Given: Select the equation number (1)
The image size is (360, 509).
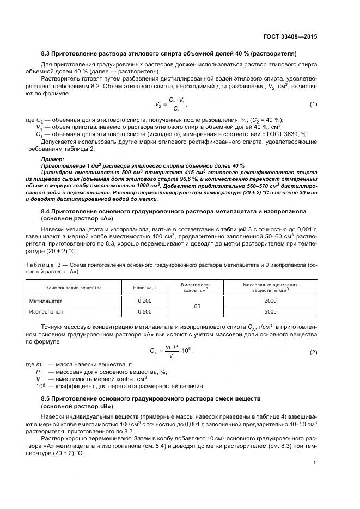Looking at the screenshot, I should tap(313, 104).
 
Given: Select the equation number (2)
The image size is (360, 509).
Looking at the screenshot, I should tap(313, 352).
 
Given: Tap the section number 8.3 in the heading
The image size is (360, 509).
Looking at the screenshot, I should tap(47, 54).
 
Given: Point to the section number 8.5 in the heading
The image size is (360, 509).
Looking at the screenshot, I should tap(47, 399).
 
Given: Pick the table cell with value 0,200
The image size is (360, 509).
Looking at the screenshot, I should tap(145, 301).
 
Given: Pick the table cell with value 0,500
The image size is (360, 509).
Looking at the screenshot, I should tap(145, 312).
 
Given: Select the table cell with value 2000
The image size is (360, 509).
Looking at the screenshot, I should tap(270, 301).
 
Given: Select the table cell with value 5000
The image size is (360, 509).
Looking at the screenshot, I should tap(270, 312).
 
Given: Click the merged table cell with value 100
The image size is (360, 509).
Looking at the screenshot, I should tap(196, 306).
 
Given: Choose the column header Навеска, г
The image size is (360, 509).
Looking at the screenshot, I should tap(145, 287).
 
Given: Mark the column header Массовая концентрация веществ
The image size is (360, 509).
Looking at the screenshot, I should tap(270, 287).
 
